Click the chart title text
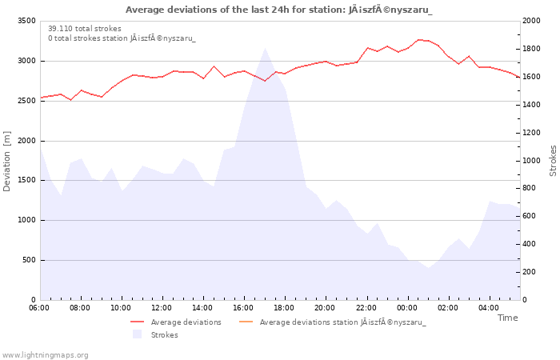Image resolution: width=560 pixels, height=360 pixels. pos(278,10)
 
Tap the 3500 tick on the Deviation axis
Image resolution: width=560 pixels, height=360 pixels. pos(26,21)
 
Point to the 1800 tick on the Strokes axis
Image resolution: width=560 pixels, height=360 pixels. pos(532,49)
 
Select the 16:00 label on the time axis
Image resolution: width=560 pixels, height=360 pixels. pos(243,308)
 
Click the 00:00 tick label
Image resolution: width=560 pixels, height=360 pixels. pos(406,308)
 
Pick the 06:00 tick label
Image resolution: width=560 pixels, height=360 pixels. pos(39,308)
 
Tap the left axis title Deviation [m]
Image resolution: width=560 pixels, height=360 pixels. pos(6,161)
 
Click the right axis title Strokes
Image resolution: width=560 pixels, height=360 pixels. pos(553,161)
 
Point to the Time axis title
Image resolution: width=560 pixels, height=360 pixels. pos(508,318)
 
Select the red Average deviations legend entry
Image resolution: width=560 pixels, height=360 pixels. pos(176,322)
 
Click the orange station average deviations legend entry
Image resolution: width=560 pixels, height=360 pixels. pos(332,322)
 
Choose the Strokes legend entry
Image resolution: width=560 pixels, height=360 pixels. pos(155,334)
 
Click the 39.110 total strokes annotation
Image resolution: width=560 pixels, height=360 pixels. pos(85,29)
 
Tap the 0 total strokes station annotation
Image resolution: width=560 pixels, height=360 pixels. pos(122,38)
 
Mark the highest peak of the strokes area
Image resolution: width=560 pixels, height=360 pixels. pos(265,48)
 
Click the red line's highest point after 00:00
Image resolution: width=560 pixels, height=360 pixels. pos(419,40)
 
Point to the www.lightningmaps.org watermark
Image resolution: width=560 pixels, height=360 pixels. pos(44,355)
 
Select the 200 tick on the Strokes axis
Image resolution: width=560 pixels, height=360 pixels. pos(529,272)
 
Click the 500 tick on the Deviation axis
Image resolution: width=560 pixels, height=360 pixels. pos(29,260)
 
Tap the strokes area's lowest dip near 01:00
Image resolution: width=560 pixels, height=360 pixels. pos(428,267)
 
